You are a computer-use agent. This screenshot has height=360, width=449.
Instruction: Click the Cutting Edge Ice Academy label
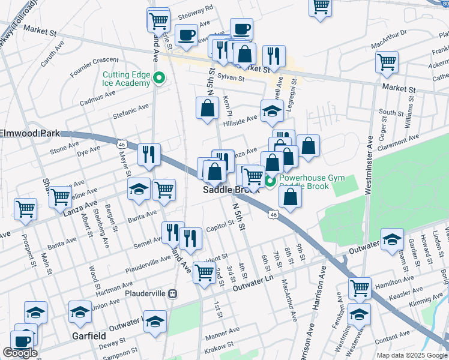click(125, 79)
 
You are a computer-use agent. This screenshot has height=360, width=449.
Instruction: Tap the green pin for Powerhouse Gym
click(270, 180)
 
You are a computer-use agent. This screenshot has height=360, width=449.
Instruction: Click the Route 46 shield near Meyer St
click(121, 144)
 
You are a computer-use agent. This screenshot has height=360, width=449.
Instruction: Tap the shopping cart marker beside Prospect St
click(26, 209)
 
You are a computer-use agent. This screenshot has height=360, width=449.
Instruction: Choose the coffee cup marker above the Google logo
click(22, 340)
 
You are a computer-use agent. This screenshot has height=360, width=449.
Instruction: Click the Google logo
click(20, 353)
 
